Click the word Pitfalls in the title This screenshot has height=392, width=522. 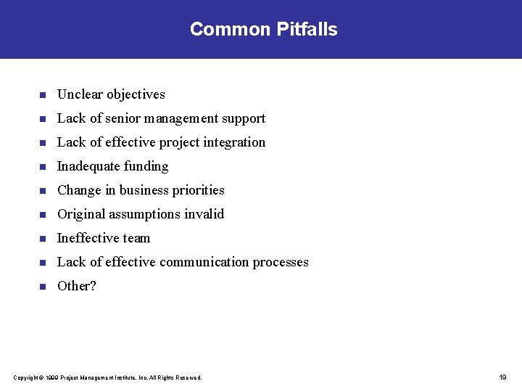[307, 30]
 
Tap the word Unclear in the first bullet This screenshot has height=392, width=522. [80, 94]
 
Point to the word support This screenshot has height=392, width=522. [243, 119]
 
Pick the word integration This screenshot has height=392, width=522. [235, 143]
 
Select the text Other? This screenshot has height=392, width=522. [77, 286]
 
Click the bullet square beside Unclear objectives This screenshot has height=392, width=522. [43, 95]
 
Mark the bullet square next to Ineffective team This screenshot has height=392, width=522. [43, 239]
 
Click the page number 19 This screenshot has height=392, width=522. [502, 377]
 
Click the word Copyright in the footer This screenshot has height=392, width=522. [25, 377]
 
